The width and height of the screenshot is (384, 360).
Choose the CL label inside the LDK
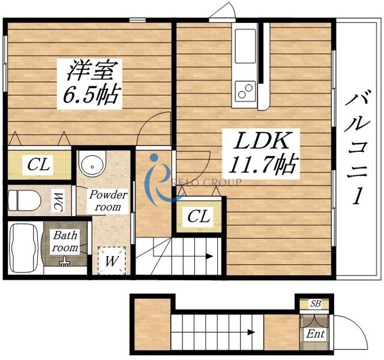pyautogui.click(x=199, y=216)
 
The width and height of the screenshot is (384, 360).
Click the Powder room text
pyautogui.click(x=109, y=200)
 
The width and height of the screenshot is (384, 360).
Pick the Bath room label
pyautogui.click(x=64, y=241)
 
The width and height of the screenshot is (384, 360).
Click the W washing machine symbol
pyautogui.click(x=112, y=261)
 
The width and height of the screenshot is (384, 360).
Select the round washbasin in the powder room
pyautogui.click(x=93, y=164)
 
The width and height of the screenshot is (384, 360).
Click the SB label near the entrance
pyautogui.click(x=315, y=304)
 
